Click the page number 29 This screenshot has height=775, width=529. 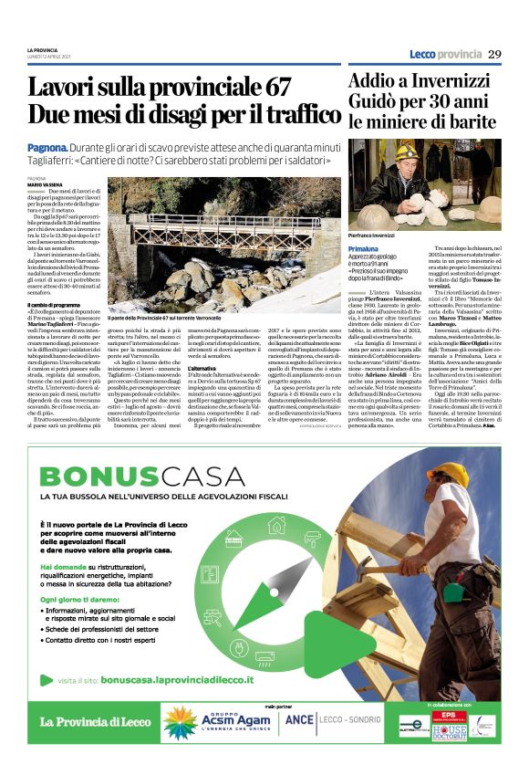493,54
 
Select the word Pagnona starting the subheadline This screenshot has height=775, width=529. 47,146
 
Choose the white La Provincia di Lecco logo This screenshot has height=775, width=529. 95,722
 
